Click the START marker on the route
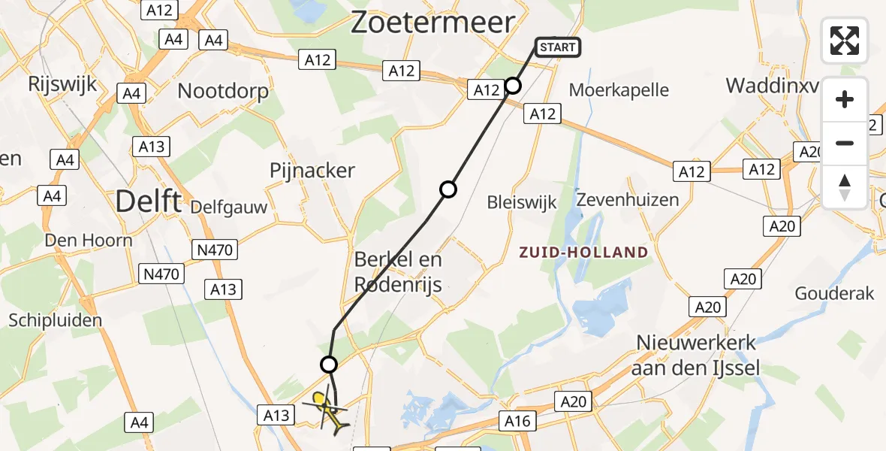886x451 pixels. click(x=557, y=47)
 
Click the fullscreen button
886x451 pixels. click(x=845, y=41)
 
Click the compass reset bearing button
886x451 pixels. click(x=845, y=187)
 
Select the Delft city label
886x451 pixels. click(x=149, y=201)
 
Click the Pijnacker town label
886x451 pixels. click(x=312, y=171)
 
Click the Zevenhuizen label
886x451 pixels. click(x=628, y=200)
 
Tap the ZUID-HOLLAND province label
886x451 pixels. click(x=583, y=253)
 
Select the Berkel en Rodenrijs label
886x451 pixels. click(x=398, y=272)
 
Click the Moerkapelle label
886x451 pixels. click(x=619, y=90)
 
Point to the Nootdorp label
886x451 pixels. click(x=223, y=92)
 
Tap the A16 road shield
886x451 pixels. click(x=518, y=421)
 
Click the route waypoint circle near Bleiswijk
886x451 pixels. click(x=448, y=189)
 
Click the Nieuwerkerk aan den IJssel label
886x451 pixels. click(x=696, y=355)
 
